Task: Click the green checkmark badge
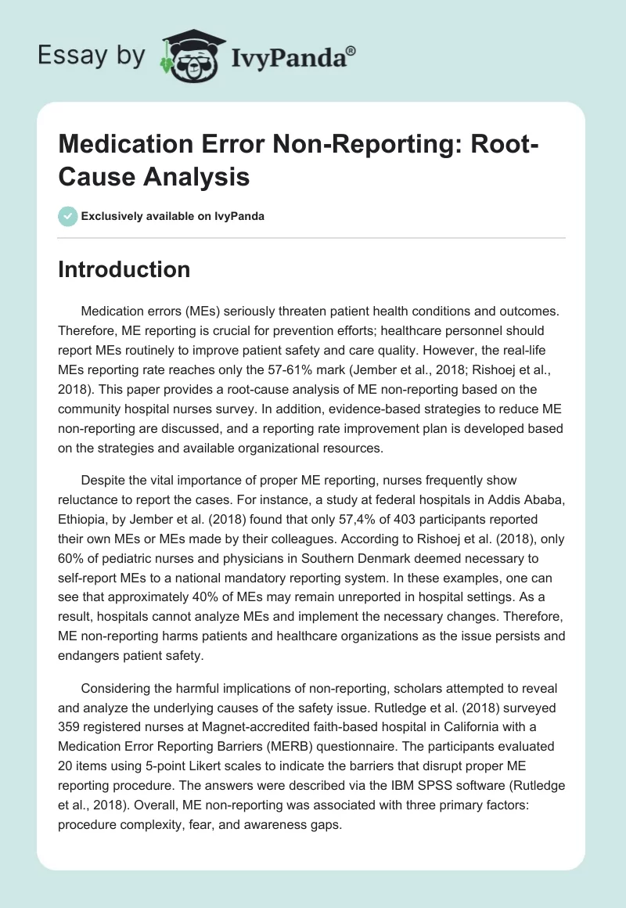68,216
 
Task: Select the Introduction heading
124,269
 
